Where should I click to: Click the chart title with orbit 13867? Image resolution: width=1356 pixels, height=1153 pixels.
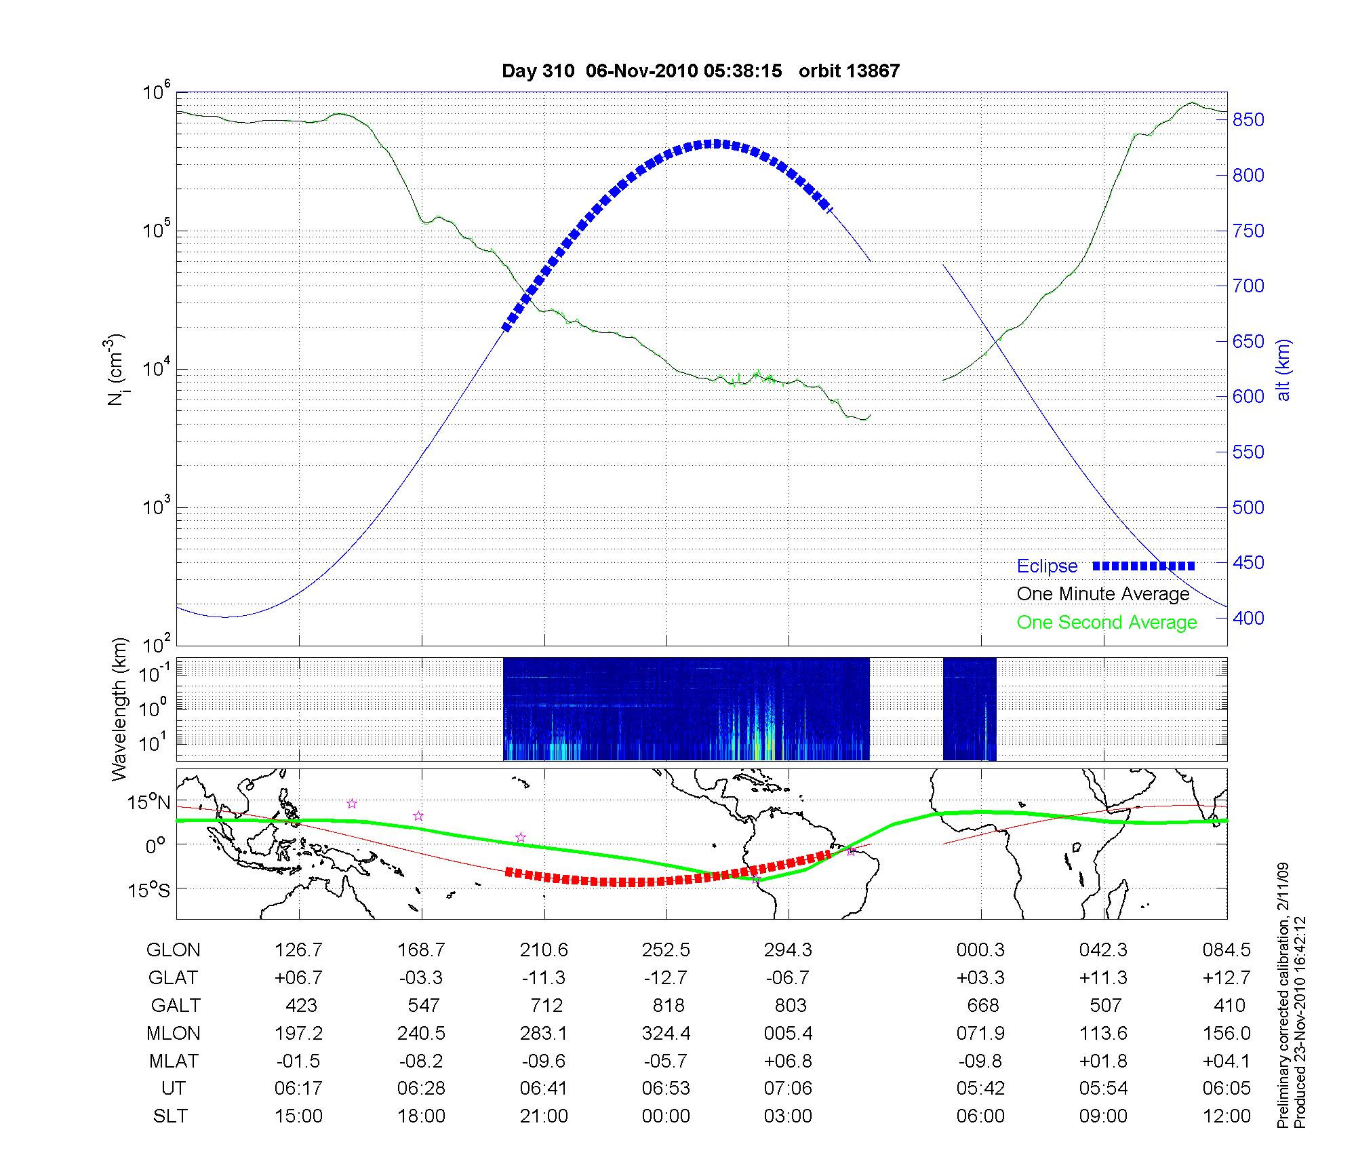pos(700,71)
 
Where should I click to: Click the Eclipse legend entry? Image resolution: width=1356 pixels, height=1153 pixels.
pos(1047,566)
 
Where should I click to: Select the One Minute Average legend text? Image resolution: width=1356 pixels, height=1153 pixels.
pos(1103,594)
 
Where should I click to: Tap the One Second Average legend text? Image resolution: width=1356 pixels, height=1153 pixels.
pos(1106,623)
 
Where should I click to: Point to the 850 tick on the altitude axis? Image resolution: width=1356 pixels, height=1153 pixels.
pos(1248,120)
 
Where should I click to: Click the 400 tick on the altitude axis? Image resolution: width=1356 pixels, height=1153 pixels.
pos(1248,618)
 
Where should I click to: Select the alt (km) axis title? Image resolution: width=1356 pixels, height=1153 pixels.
pos(1283,370)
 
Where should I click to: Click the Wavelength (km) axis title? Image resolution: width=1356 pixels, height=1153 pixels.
pos(121,709)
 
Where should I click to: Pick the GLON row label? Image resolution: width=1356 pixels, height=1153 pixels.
pos(174,950)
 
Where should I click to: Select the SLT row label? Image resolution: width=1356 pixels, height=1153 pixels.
pos(171,1116)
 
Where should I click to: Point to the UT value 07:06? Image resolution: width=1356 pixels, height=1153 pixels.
pos(789,1088)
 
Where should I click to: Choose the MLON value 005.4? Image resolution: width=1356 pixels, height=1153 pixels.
pos(789,1033)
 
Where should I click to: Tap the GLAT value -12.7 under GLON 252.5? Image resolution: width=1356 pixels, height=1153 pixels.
pos(666,977)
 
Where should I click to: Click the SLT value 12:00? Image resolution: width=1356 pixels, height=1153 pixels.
pos(1227,1116)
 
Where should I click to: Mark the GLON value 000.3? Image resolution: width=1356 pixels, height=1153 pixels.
pos(980,950)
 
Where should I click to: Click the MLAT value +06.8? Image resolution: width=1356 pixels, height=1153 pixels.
pos(789,1060)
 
